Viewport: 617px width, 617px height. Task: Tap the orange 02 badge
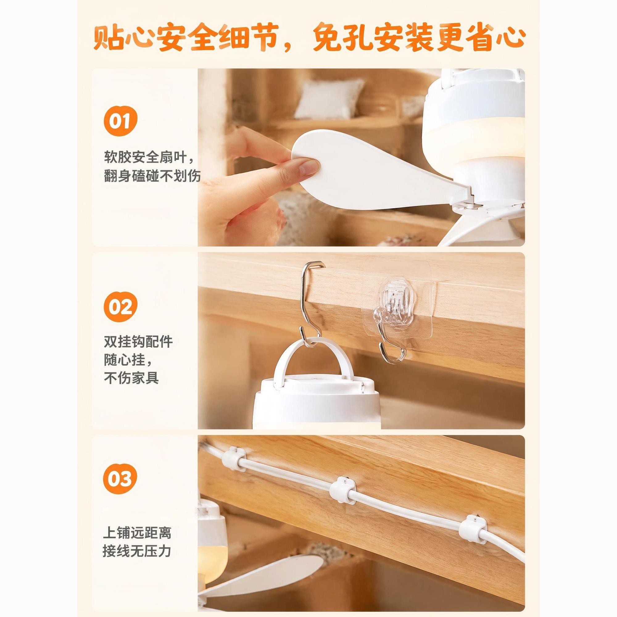click(x=120, y=307)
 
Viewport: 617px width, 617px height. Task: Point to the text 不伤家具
click(x=131, y=378)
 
